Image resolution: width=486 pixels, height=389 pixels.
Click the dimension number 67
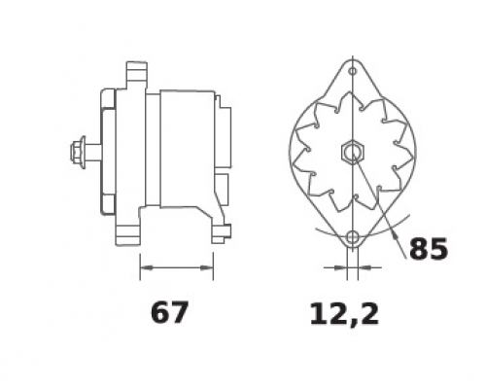click(169, 312)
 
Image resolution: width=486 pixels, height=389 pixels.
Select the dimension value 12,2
click(344, 314)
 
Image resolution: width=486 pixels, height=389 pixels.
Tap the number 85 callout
click(429, 249)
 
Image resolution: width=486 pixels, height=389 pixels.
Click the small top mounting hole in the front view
click(353, 71)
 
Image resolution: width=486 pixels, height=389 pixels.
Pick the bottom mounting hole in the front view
click(353, 237)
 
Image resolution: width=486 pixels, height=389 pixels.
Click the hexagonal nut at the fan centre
click(353, 152)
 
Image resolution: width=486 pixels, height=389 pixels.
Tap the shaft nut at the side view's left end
click(78, 153)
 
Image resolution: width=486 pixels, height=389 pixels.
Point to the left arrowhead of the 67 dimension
click(147, 267)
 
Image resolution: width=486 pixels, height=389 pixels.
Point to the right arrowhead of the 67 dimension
click(207, 267)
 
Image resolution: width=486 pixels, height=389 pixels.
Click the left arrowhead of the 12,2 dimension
click(340, 267)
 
